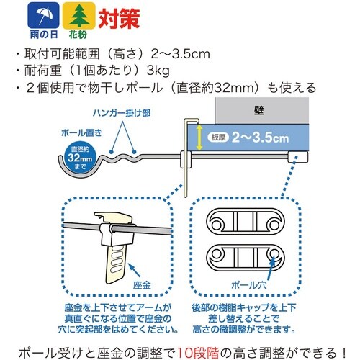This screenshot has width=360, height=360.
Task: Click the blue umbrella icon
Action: [43, 15]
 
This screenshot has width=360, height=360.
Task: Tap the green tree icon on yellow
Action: [78, 15]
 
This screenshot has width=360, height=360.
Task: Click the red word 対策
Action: [119, 19]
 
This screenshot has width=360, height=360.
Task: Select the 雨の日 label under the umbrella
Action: [44, 35]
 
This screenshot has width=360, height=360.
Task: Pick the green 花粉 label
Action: [78, 35]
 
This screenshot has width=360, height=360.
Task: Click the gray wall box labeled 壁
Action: [261, 111]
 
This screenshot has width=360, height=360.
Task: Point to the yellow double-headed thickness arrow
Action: [199, 138]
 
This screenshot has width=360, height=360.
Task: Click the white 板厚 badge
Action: [218, 138]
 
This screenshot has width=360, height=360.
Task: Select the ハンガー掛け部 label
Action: [122, 113]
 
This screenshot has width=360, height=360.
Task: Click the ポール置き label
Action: [82, 132]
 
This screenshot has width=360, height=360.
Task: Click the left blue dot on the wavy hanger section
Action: [111, 152]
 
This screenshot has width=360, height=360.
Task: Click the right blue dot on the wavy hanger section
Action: [134, 152]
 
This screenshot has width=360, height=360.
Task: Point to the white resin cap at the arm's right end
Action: [297, 157]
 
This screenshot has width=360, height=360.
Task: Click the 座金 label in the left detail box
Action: [142, 285]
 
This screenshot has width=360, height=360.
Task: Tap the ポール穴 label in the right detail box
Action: [249, 285]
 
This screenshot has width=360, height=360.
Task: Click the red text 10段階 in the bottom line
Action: [198, 353]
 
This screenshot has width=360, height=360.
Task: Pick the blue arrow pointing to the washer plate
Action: [135, 270]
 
